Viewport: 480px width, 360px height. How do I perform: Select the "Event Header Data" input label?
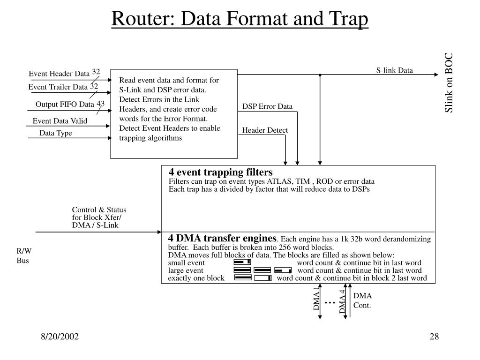pos(59,74)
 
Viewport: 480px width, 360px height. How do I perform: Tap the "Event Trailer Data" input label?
pos(58,87)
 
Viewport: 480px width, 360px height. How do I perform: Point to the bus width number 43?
pos(100,103)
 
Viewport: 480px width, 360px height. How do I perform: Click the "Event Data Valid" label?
pos(60,121)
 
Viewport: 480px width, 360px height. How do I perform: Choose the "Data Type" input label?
pos(56,133)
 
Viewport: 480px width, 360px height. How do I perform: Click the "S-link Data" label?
pos(395,71)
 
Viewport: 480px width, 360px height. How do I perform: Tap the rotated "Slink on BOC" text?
pos(449,82)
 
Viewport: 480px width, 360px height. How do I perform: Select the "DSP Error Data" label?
pos(267,106)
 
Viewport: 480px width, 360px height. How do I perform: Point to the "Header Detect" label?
pos(265,130)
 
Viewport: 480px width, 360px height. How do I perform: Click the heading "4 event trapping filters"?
pos(221,172)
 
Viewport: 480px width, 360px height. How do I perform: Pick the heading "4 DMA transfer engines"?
pos(223,238)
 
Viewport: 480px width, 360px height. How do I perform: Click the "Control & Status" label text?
pos(99,210)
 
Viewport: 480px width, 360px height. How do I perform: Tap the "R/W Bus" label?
pos(24,255)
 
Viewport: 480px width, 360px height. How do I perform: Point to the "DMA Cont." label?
pos(362,300)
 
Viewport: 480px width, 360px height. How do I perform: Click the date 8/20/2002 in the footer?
pos(59,337)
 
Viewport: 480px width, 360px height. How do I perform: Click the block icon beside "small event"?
pos(242,262)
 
